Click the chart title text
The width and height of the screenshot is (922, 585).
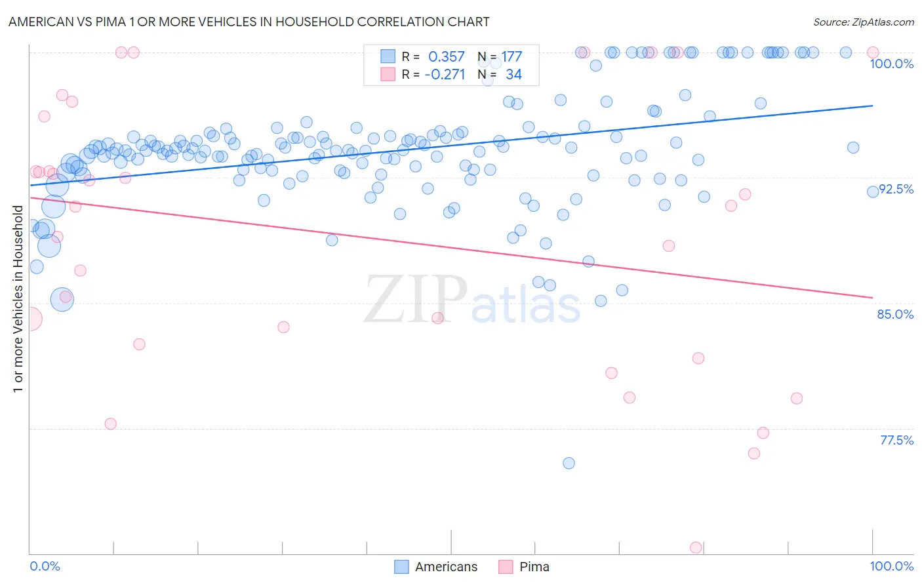249,22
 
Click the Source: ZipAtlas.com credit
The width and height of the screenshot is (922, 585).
863,22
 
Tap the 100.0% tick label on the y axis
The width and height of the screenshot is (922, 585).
891,64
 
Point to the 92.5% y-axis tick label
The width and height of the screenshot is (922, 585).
896,189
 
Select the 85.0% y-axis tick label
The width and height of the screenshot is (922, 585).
895,314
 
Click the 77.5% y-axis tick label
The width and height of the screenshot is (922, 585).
896,440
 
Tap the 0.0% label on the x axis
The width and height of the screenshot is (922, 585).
45,566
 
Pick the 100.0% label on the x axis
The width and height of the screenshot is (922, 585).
891,566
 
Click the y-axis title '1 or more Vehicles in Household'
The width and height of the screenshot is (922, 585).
18,299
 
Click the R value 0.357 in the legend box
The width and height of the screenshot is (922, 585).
446,57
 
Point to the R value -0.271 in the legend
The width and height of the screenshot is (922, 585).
445,75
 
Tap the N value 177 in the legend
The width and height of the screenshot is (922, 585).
511,57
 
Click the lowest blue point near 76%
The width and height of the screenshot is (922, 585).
569,463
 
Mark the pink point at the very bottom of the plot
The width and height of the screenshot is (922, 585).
696,548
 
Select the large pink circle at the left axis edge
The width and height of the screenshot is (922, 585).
30,319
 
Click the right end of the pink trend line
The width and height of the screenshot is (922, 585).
872,298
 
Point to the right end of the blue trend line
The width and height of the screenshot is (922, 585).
872,106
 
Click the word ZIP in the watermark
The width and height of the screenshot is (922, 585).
416,299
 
